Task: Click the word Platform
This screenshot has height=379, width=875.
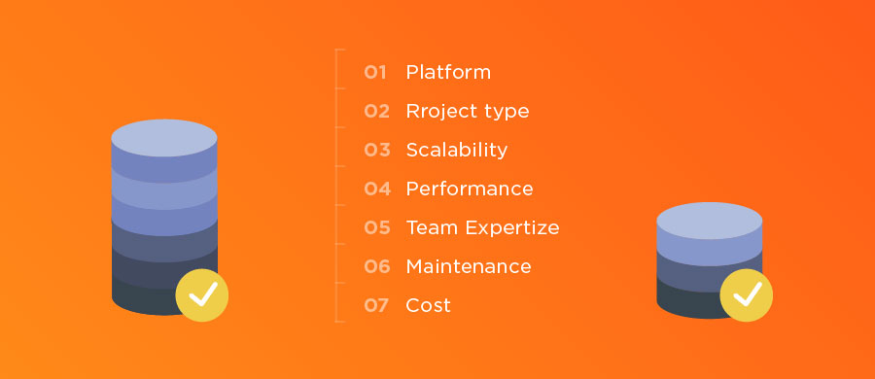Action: coord(448,72)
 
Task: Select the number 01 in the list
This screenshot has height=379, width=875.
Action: coord(376,72)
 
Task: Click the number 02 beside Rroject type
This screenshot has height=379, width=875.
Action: coord(376,111)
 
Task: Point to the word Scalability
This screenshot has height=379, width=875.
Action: coord(457,150)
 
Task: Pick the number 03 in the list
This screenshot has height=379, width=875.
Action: coord(376,150)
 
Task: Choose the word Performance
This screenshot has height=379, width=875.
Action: coord(470,189)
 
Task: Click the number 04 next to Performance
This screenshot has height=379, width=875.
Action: coord(376,189)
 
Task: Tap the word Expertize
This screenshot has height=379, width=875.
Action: coord(510,227)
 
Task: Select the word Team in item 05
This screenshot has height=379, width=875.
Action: coord(431,227)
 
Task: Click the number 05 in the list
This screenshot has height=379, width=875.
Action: coord(376,227)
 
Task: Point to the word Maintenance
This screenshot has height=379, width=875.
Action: coord(469,266)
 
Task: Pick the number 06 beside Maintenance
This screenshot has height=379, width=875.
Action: coord(376,266)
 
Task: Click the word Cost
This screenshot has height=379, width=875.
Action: coord(429,305)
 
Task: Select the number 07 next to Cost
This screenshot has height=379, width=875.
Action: coord(376,305)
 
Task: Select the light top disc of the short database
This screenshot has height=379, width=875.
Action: coord(709,220)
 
